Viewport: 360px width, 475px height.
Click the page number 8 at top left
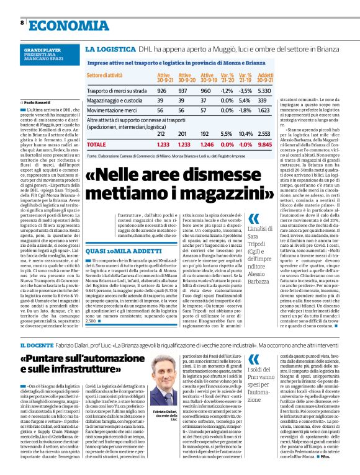pos(22,23)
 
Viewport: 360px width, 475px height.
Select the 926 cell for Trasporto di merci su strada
pos(163,91)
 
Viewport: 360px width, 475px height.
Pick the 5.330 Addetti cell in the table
pos(264,91)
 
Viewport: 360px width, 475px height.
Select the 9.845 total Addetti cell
pos(264,144)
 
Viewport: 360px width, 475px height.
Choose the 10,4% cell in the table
pos(245,133)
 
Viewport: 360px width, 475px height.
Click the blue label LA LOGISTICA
pos(110,48)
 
